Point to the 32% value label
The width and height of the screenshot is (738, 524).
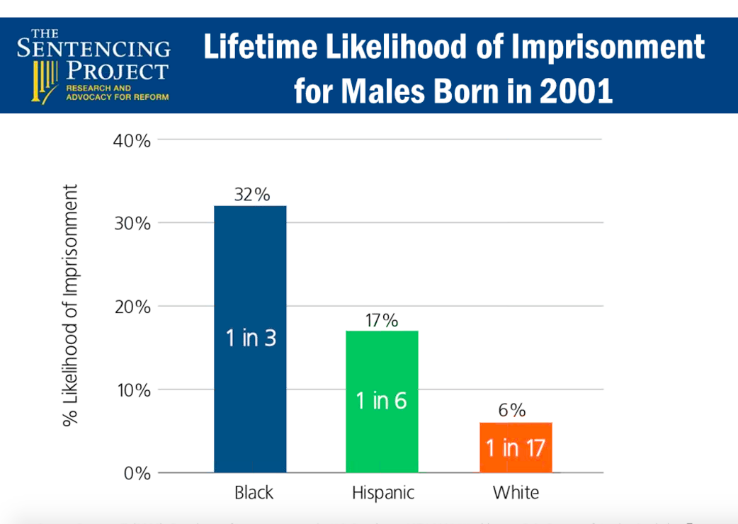251,195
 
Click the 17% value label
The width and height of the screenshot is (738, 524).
382,321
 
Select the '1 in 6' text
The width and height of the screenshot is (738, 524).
382,401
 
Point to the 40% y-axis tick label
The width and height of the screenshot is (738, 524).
132,141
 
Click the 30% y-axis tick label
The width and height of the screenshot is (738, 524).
132,224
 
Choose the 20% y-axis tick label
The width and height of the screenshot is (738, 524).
132,307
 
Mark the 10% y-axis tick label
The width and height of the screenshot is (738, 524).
132,390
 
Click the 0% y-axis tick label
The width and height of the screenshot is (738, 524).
137,473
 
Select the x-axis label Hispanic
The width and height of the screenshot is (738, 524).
383,493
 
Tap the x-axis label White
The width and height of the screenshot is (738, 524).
516,493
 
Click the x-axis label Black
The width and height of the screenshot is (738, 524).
254,493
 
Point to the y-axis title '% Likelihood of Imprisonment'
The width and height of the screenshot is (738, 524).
71,306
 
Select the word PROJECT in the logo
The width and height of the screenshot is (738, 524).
117,71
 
